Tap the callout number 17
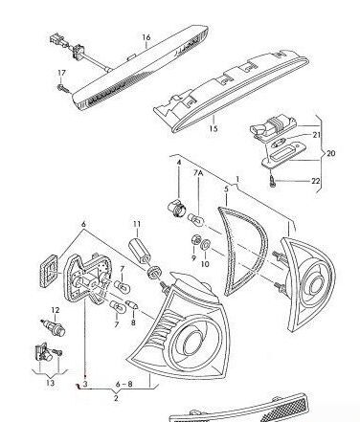[x=61, y=74]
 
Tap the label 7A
[x=199, y=174]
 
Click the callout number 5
[x=226, y=190]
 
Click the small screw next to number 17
[x=63, y=88]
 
